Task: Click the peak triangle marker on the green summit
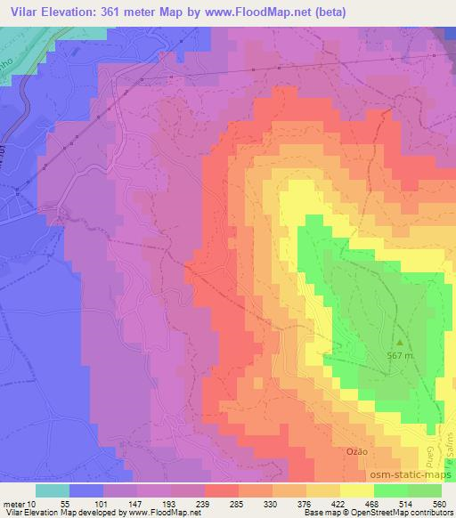(x=400, y=342)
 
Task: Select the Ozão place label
(x=355, y=452)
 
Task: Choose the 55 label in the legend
(x=64, y=503)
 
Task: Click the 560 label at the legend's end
(x=439, y=503)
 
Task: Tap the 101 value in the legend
(x=98, y=503)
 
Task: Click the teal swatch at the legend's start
(x=53, y=490)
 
